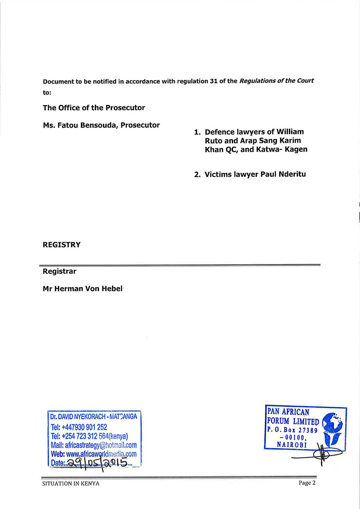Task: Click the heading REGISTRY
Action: [62, 245]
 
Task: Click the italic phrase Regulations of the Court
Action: [276, 81]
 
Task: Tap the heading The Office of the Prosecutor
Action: [94, 108]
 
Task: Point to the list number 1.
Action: [197, 132]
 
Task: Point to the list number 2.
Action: [197, 175]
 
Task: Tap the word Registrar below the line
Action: [60, 271]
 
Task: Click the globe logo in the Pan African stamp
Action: [332, 423]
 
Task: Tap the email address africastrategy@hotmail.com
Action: [100, 445]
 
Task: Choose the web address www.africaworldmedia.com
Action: [101, 454]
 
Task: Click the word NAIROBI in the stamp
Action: [291, 445]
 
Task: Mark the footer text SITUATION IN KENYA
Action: [71, 484]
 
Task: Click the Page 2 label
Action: [307, 483]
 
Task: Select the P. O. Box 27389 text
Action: [292, 430]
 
